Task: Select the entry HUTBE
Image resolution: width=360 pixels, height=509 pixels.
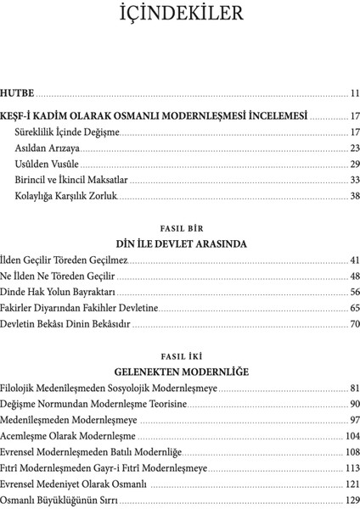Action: [x=18, y=92]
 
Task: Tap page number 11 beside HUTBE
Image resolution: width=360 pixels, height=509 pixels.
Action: [x=354, y=92]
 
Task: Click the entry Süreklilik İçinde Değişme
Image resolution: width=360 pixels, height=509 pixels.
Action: [x=67, y=132]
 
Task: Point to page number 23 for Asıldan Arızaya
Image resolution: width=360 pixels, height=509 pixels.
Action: [x=354, y=148]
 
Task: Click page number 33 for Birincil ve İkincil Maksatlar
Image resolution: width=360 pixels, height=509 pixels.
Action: [x=354, y=180]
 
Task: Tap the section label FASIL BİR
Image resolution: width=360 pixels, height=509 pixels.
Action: [x=180, y=228]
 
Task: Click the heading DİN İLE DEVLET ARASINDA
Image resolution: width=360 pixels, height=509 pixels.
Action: [x=180, y=243]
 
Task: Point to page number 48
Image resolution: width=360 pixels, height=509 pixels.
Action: [x=354, y=276]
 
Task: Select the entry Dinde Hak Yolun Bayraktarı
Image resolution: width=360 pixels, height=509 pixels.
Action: [x=58, y=292]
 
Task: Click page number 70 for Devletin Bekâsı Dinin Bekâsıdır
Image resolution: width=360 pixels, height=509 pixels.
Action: [x=354, y=324]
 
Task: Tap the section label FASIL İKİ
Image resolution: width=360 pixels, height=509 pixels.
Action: [x=180, y=356]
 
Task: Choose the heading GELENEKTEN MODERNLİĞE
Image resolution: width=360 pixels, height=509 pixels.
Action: [x=180, y=372]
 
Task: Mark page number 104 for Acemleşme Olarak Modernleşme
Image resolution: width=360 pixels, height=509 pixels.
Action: [x=352, y=436]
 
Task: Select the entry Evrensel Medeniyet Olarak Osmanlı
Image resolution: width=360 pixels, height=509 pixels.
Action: [x=74, y=484]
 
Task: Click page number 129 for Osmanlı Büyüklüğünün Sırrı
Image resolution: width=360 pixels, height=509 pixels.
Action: [x=352, y=500]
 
